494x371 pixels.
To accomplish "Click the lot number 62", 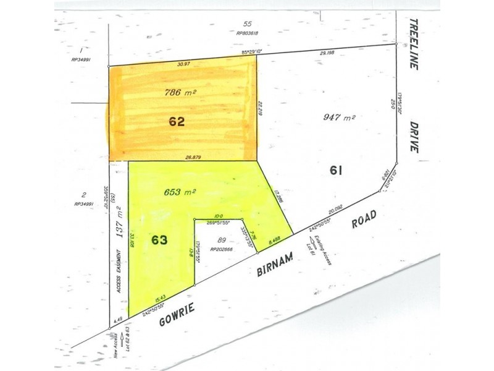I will [x=177, y=122].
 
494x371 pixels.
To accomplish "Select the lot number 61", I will [x=336, y=169].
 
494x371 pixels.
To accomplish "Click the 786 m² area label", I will [x=180, y=93].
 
